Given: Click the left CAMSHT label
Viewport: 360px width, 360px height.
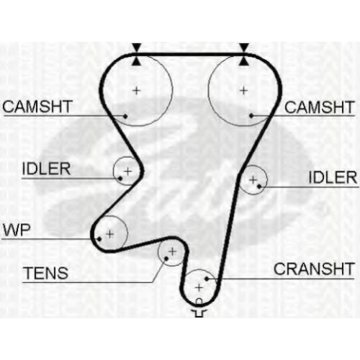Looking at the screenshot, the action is click(x=37, y=107).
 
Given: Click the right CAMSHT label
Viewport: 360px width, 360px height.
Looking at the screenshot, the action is click(x=320, y=107).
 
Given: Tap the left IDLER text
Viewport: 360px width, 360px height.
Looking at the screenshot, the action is click(x=46, y=168).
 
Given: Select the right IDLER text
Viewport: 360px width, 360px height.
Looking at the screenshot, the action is click(x=333, y=178).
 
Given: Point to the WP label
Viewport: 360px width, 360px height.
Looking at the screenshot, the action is click(x=17, y=230).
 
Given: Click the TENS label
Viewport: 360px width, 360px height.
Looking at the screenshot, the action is click(x=45, y=273).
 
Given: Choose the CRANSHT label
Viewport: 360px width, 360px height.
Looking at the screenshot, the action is click(x=314, y=269).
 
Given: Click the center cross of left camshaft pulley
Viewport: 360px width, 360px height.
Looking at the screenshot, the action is click(x=137, y=91).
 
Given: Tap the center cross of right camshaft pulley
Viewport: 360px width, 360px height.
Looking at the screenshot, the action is click(x=243, y=91).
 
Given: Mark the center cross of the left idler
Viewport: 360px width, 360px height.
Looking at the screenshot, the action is click(x=128, y=171).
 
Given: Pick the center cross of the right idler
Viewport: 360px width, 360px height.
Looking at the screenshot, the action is click(x=253, y=180).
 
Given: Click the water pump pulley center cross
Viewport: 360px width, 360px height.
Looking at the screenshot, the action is click(x=109, y=234).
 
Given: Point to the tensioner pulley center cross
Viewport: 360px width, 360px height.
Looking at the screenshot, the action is click(x=172, y=251).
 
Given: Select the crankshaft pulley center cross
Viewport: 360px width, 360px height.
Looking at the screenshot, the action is click(x=199, y=287).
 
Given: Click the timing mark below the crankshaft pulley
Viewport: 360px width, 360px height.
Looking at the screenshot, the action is click(x=199, y=309).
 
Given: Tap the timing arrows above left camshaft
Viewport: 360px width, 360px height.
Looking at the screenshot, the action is click(x=137, y=55).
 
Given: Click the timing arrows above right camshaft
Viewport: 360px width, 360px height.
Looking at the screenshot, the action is click(x=244, y=55).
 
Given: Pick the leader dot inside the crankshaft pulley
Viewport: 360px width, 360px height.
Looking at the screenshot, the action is click(x=207, y=279).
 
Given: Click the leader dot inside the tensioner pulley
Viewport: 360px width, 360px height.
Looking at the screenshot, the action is click(x=166, y=258).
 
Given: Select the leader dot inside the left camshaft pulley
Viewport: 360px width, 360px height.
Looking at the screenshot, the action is click(x=125, y=116).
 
